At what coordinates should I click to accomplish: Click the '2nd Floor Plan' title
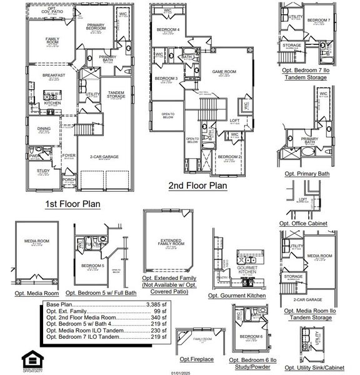(x=198, y=186)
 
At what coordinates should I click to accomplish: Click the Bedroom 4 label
(x=167, y=30)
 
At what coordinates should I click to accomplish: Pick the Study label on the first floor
(x=43, y=171)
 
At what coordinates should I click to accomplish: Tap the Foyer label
(x=68, y=156)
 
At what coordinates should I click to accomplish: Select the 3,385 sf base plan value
(x=157, y=304)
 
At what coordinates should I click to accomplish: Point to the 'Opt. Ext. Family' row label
(x=67, y=311)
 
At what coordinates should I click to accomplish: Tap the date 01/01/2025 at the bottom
(x=179, y=372)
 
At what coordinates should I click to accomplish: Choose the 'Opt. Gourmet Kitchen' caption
(x=237, y=295)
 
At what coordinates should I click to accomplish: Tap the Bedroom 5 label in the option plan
(x=93, y=266)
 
